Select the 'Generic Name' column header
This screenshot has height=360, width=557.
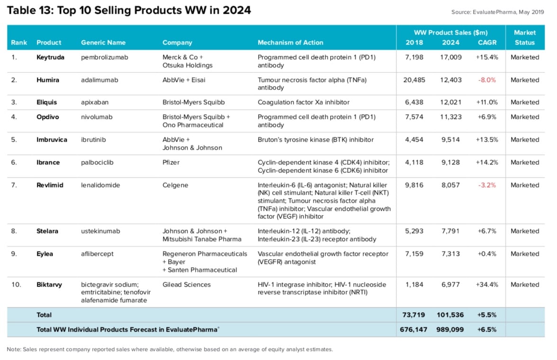(x=103, y=43)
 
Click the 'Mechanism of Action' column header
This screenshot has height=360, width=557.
(x=290, y=43)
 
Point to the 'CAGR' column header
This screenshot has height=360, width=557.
(x=487, y=43)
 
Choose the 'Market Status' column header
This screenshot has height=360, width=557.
(x=524, y=37)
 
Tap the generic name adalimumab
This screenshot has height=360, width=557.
(x=99, y=80)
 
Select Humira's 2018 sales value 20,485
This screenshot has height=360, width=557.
(x=414, y=80)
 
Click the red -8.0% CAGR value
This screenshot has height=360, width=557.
(x=487, y=80)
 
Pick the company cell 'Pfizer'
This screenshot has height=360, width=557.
(x=171, y=162)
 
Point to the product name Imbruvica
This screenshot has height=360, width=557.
(x=52, y=140)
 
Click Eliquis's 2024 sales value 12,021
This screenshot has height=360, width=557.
(x=450, y=102)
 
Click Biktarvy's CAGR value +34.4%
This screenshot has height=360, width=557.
(x=487, y=285)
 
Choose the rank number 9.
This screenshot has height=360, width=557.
(x=14, y=254)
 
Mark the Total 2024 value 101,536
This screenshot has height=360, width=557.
(x=450, y=315)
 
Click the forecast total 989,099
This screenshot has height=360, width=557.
(x=450, y=330)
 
